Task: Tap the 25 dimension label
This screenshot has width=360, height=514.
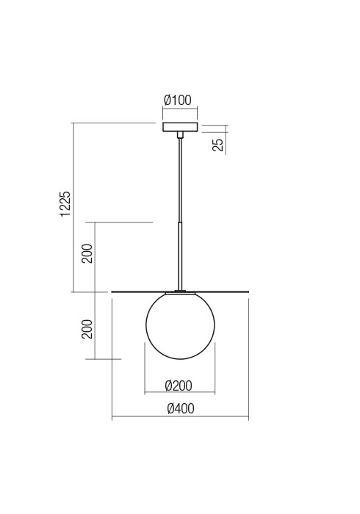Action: pos(217,143)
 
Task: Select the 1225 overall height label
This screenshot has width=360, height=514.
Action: pos(65,204)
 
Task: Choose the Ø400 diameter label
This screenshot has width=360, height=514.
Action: pos(180,409)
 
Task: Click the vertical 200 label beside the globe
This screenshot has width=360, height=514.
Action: pos(87,328)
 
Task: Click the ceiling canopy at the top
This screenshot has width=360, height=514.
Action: pos(180,127)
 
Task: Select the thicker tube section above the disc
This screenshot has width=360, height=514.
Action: pos(180,253)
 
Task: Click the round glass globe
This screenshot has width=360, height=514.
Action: pos(180,326)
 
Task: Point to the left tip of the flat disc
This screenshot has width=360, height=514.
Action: pos(112,292)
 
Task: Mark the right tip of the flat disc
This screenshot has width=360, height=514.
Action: pos(248,292)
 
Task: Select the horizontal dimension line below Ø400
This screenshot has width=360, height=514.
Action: pos(180,419)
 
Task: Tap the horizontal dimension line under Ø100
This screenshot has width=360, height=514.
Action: pos(180,109)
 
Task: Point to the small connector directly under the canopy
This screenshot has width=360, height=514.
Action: pos(180,135)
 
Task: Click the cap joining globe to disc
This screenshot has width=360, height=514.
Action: pos(180,292)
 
